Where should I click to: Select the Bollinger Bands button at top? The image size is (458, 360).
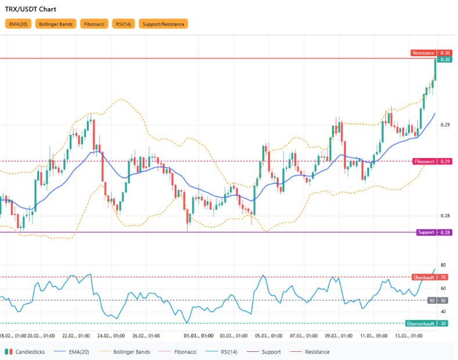[56, 24]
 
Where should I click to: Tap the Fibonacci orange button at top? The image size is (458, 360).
[94, 24]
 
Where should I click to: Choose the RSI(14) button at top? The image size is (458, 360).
[124, 24]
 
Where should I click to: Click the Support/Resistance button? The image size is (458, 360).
[164, 24]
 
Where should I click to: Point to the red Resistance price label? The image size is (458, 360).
[424, 53]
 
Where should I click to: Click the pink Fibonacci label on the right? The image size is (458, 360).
[424, 161]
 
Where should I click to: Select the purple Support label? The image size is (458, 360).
[426, 232]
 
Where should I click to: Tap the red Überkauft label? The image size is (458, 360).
[424, 277]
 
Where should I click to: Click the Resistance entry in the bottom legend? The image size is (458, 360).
[316, 352]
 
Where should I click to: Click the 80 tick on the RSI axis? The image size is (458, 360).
[443, 265]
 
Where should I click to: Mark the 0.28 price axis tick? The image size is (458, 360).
[445, 216]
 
